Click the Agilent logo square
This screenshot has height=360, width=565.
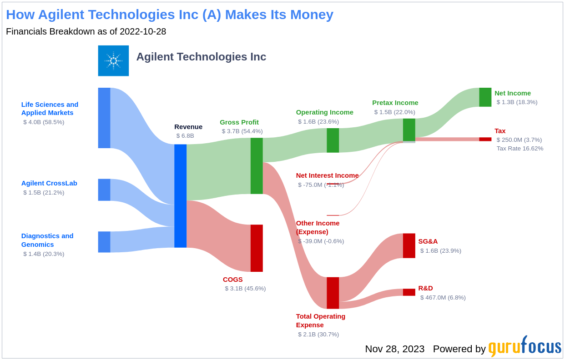click(113, 60)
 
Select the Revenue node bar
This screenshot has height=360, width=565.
click(180, 196)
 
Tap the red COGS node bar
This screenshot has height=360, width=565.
click(257, 248)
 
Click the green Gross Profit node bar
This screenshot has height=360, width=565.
click(257, 166)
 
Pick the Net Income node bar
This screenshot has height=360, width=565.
click(485, 97)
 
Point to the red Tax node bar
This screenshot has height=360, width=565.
click(485, 139)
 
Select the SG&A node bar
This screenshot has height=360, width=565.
click(409, 246)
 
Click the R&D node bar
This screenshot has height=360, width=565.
click(409, 292)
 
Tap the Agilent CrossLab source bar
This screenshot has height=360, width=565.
click(104, 190)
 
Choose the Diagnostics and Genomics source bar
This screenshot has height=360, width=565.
click(104, 242)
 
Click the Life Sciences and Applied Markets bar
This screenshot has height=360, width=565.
click(104, 118)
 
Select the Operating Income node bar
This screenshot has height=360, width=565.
click(333, 140)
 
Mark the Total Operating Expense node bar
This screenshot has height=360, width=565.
click(333, 293)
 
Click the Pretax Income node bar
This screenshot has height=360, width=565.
click(409, 130)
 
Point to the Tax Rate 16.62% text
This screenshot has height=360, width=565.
click(520, 149)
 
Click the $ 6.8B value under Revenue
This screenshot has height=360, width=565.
click(185, 135)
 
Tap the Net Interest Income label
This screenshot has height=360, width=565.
click(327, 175)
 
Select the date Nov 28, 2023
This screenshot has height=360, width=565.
click(394, 349)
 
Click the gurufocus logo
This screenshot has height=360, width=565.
click(525, 347)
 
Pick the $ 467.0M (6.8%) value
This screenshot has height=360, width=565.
click(443, 298)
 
